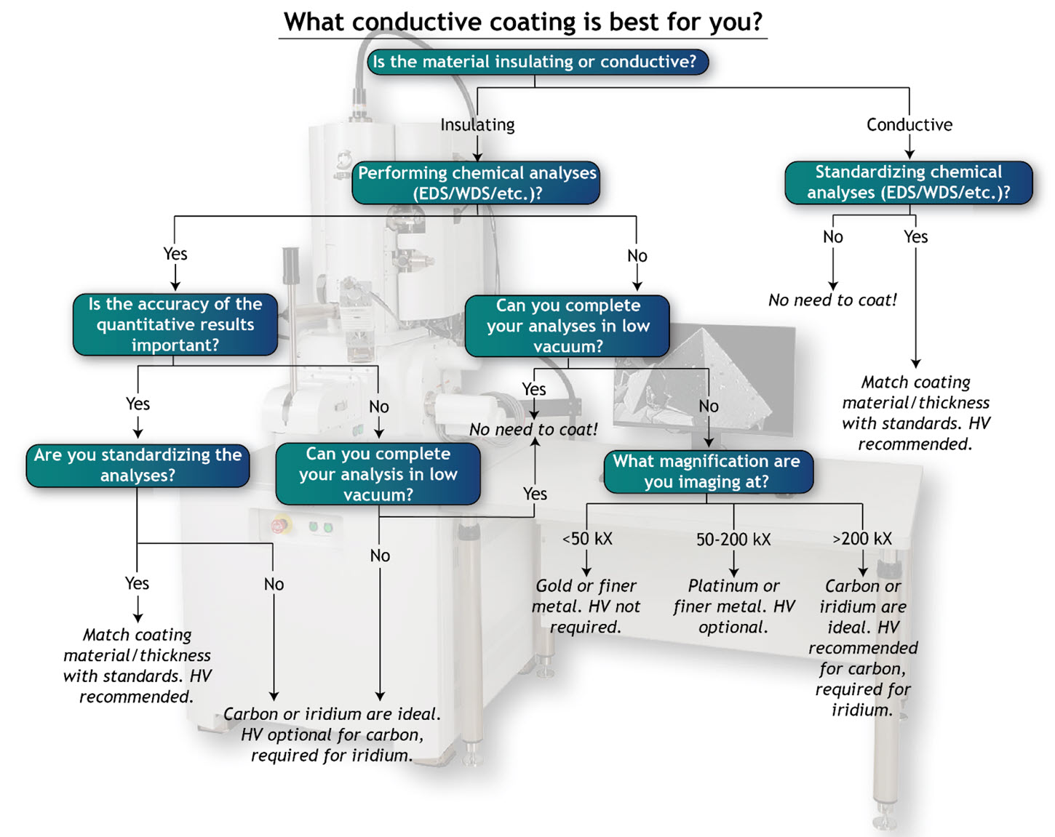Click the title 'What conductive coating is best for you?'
[522, 22]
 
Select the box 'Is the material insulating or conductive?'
[535, 62]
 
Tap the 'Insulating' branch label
[477, 124]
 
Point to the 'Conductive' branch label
[909, 124]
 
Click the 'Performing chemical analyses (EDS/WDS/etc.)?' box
[477, 183]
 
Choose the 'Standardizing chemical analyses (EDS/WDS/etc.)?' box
[908, 182]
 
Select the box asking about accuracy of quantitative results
[175, 324]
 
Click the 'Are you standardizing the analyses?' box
[138, 465]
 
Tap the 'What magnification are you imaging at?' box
[706, 471]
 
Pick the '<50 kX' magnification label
[587, 539]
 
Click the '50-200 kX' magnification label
[733, 539]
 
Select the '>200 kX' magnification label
[862, 539]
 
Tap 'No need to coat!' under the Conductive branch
[832, 300]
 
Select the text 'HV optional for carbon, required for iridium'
[332, 745]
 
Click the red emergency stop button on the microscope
[279, 525]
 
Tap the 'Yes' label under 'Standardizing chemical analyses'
[915, 236]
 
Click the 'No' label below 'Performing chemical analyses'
[637, 255]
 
